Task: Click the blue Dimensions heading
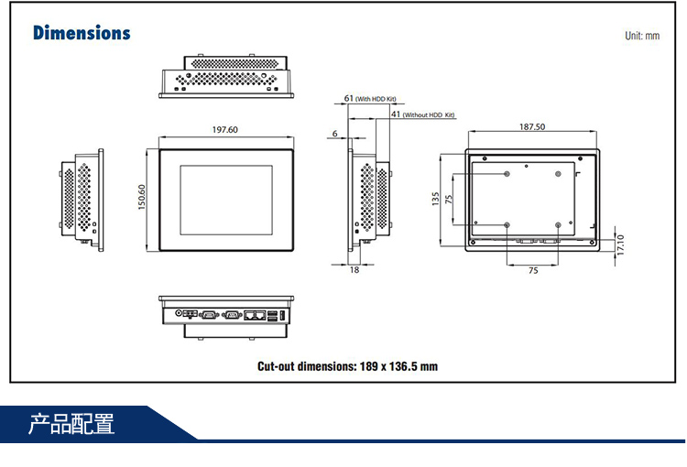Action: point(82,33)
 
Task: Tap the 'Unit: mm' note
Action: point(641,36)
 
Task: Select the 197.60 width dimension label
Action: point(225,130)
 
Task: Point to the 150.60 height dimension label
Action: point(142,197)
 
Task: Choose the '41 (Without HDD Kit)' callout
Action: point(422,115)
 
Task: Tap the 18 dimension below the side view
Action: point(354,269)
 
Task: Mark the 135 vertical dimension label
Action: point(435,199)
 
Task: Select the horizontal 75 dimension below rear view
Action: point(533,270)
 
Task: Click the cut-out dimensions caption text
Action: point(347,366)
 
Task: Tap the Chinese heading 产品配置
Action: point(71,425)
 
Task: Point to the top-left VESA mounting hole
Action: point(507,174)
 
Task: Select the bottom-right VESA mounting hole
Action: point(558,224)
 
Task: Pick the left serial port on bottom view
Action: point(207,314)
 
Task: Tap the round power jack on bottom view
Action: point(179,313)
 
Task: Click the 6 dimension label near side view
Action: point(335,134)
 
